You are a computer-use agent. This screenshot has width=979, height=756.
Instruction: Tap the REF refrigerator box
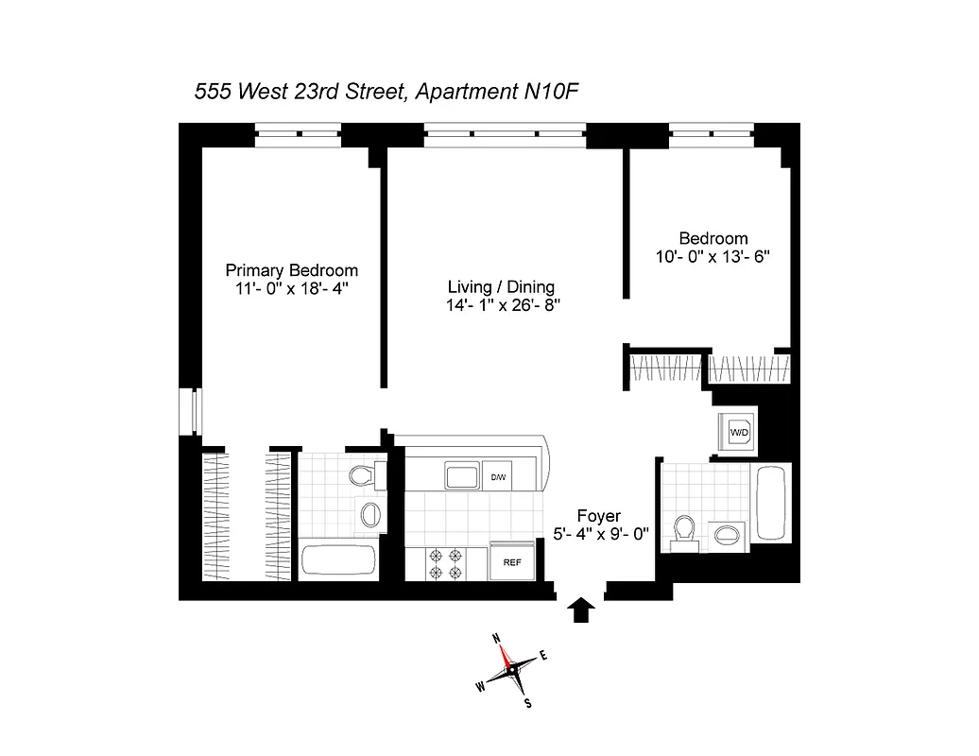click(x=512, y=561)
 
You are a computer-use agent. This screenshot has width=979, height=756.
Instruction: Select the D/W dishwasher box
click(x=498, y=477)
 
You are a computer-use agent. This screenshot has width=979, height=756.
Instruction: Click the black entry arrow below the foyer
click(x=582, y=610)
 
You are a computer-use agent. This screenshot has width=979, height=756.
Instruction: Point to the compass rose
click(x=512, y=671)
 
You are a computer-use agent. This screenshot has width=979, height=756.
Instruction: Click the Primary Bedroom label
click(x=291, y=270)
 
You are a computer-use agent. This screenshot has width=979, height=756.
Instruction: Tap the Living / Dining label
click(x=501, y=286)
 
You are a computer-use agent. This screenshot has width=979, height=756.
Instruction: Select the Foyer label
click(x=599, y=516)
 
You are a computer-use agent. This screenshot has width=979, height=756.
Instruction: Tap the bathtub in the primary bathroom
click(x=340, y=560)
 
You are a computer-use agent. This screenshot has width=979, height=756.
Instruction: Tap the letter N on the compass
click(x=498, y=639)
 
